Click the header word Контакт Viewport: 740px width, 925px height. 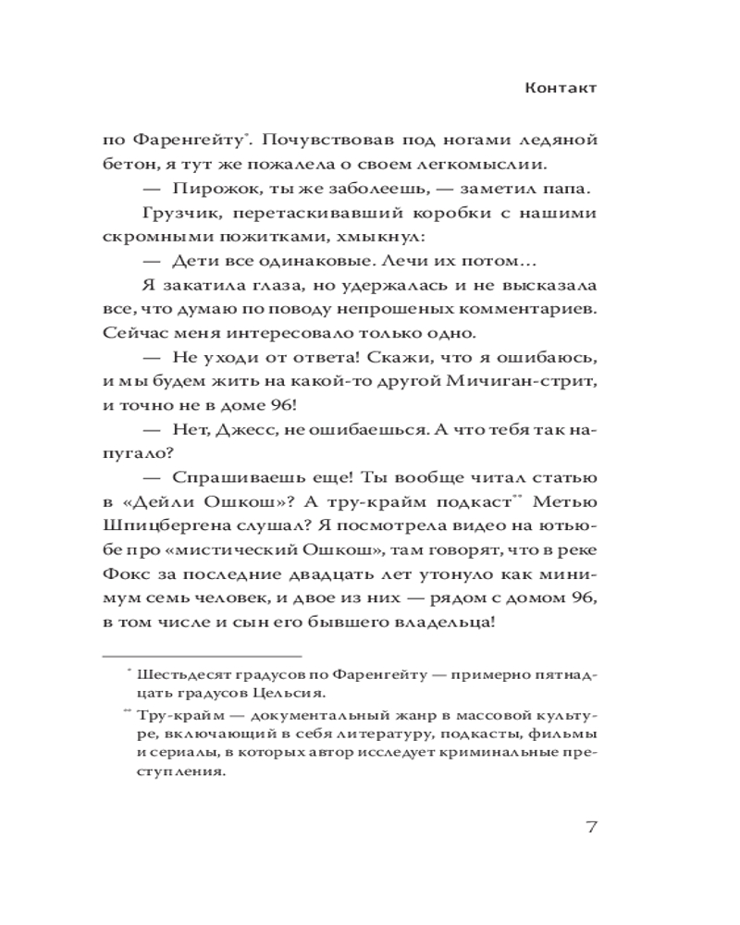tap(561, 89)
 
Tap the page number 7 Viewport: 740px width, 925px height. tap(589, 827)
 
